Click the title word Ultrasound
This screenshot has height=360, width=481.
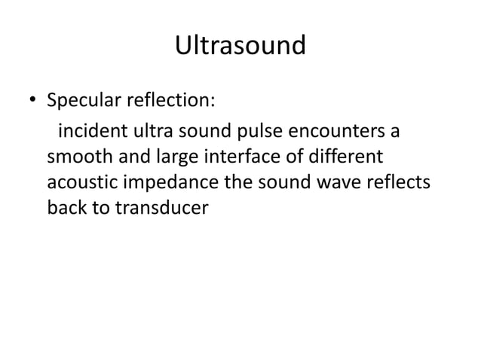pyautogui.click(x=240, y=46)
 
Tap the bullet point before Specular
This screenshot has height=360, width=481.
pyautogui.click(x=32, y=101)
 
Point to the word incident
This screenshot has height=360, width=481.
pyautogui.click(x=86, y=133)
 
